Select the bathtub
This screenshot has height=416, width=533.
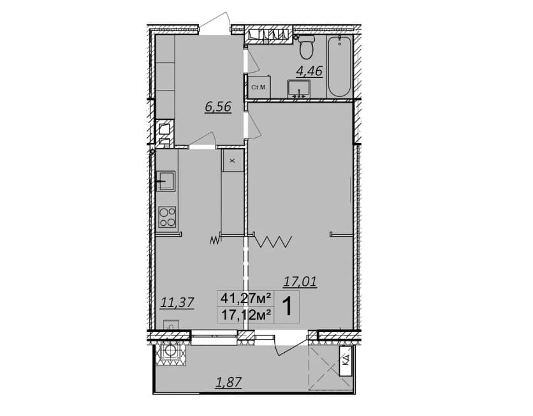(339, 66)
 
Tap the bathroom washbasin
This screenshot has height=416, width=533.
(299, 89)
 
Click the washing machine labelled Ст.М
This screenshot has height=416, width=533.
(259, 87)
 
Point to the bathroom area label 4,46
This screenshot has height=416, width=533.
(309, 71)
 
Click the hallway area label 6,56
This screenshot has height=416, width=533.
(218, 107)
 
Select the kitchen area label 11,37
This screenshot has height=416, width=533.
(177, 302)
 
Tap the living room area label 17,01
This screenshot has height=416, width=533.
(300, 281)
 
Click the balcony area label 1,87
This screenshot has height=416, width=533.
(229, 382)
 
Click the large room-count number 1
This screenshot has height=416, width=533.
(288, 306)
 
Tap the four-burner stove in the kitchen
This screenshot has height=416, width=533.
(167, 217)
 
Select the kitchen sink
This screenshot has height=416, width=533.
(166, 181)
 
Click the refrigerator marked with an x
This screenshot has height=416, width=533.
(233, 160)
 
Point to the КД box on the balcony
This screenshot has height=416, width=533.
(346, 361)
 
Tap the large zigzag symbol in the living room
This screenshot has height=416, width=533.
(274, 242)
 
